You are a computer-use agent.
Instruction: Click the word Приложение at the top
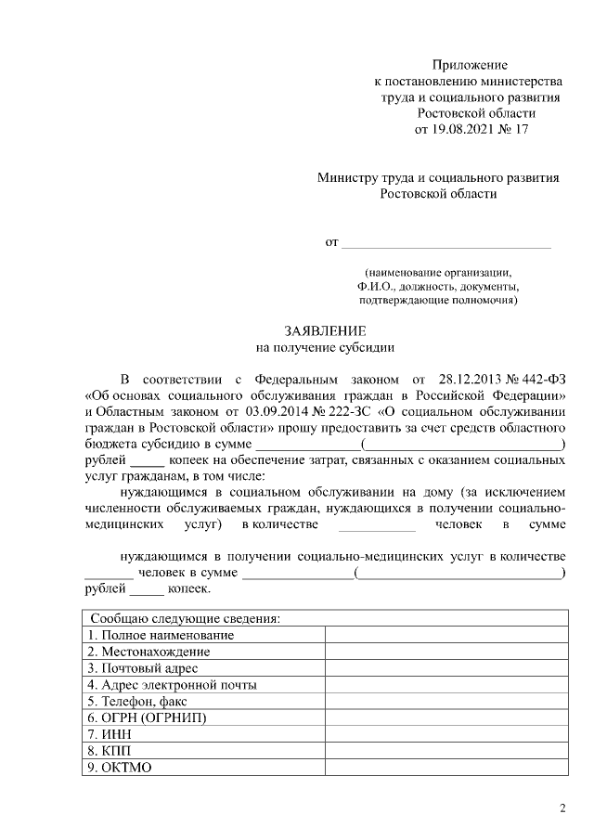[471, 65]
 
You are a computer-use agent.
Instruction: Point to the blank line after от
[446, 244]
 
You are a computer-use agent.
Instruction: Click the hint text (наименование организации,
[437, 273]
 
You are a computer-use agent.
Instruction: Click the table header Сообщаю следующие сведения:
[185, 618]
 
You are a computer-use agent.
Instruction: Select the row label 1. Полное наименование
[161, 635]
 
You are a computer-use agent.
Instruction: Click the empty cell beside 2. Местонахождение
[445, 652]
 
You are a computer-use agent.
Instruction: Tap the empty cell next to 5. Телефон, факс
[445, 702]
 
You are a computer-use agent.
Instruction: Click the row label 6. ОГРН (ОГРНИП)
[147, 718]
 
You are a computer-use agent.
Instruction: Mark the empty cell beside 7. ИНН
[445, 735]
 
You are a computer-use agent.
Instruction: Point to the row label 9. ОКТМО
[120, 769]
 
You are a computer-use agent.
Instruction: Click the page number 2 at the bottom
[562, 808]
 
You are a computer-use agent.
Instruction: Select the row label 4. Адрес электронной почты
[172, 685]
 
